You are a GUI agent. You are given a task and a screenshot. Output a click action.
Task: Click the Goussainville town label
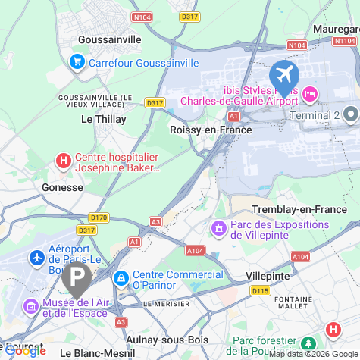coord(110,39)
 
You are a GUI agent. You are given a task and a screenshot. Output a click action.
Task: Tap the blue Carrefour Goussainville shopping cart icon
coord(77,62)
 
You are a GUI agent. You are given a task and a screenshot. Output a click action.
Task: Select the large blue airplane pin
coord(285,76)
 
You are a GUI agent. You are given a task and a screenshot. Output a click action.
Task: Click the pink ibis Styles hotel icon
coord(309,94)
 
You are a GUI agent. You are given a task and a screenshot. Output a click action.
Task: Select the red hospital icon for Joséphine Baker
coord(64,161)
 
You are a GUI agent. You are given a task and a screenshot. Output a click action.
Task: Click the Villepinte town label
coord(268,276)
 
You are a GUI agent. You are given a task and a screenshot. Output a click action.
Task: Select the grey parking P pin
coord(77,279)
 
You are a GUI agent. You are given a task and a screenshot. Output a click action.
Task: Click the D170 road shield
coord(99,218)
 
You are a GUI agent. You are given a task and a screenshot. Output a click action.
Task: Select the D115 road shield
coord(260,290)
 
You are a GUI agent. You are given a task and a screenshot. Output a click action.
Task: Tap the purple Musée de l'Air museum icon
coord(31,307)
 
